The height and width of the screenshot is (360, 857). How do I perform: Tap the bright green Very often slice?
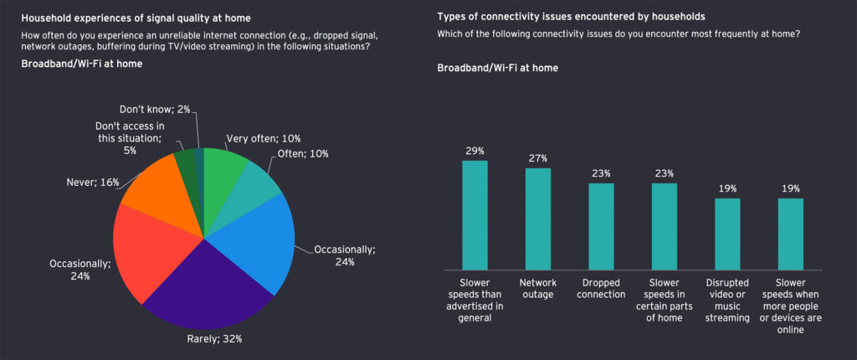point(222,167)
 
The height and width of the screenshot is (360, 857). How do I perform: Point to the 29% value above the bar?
point(475,151)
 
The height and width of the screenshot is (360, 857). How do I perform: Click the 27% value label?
point(538,157)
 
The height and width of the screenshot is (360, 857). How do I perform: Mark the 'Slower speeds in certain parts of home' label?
point(664,294)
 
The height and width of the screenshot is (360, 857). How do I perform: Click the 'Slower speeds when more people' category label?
point(790,306)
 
